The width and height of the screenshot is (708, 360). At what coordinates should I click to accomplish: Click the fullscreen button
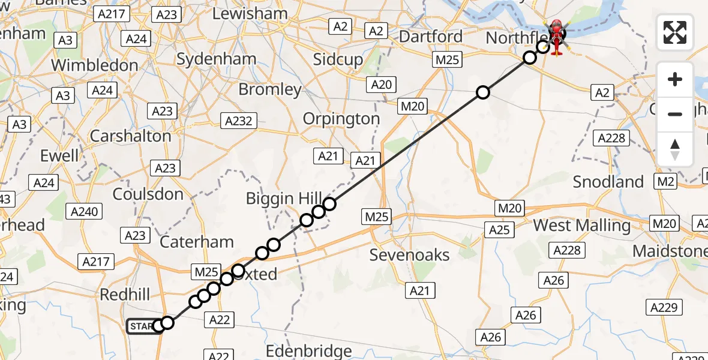tap(675, 32)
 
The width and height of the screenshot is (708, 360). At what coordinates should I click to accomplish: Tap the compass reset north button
tap(675, 149)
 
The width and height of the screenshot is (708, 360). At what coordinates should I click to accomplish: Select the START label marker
tap(142, 326)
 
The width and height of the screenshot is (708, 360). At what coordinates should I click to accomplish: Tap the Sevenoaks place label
tap(409, 255)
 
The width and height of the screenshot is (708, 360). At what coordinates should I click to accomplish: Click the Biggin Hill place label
tap(278, 198)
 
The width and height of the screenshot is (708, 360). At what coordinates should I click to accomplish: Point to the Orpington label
tap(341, 119)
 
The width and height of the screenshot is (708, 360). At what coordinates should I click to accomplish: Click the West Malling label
tap(581, 226)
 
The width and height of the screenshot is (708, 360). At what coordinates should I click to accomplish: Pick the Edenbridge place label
tap(308, 351)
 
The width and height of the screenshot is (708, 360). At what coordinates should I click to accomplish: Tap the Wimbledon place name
tap(95, 65)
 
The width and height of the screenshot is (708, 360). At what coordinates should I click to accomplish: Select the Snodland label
tap(608, 182)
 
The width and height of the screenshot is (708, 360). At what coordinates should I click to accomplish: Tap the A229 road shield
tap(666, 308)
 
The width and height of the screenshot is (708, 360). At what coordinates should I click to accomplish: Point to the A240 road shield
tap(85, 211)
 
